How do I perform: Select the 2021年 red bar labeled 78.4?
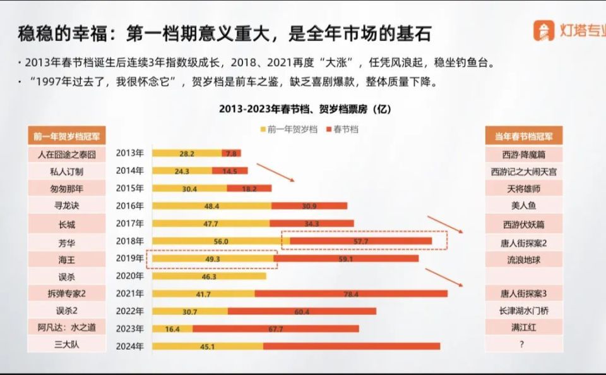pos(351,293)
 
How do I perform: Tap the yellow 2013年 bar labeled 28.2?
pos(187,153)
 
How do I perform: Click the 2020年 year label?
pos(130,276)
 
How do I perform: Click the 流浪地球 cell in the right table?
pos(524,260)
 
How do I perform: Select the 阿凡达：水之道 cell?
pos(67,328)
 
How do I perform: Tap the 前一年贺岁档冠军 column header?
pos(67,136)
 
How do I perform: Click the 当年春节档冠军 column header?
pos(524,136)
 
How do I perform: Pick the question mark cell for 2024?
pos(524,345)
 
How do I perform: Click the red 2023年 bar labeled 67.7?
pos(276,329)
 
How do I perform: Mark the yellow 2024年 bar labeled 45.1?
pos(208,346)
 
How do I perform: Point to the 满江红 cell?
pos(524,328)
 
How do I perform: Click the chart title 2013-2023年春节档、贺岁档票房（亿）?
pos(306,109)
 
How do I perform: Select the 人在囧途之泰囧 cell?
pos(67,154)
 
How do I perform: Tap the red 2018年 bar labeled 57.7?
pos(361,241)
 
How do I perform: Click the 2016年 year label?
pos(130,206)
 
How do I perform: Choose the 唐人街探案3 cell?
pos(524,293)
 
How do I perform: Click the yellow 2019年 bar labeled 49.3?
pos(213,259)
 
